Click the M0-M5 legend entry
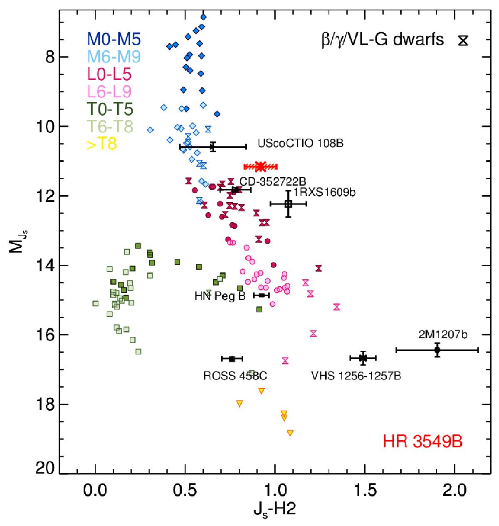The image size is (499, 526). point(114,39)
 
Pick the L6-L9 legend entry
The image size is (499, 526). point(109,92)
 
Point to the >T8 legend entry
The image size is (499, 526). point(102,144)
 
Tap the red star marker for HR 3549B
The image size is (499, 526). point(261,166)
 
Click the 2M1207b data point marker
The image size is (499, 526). point(437,350)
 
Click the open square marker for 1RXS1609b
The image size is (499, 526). point(289,204)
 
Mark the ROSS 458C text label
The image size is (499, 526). point(235,376)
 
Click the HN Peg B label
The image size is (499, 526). point(220,296)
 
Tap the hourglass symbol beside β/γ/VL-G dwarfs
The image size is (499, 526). point(463,40)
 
